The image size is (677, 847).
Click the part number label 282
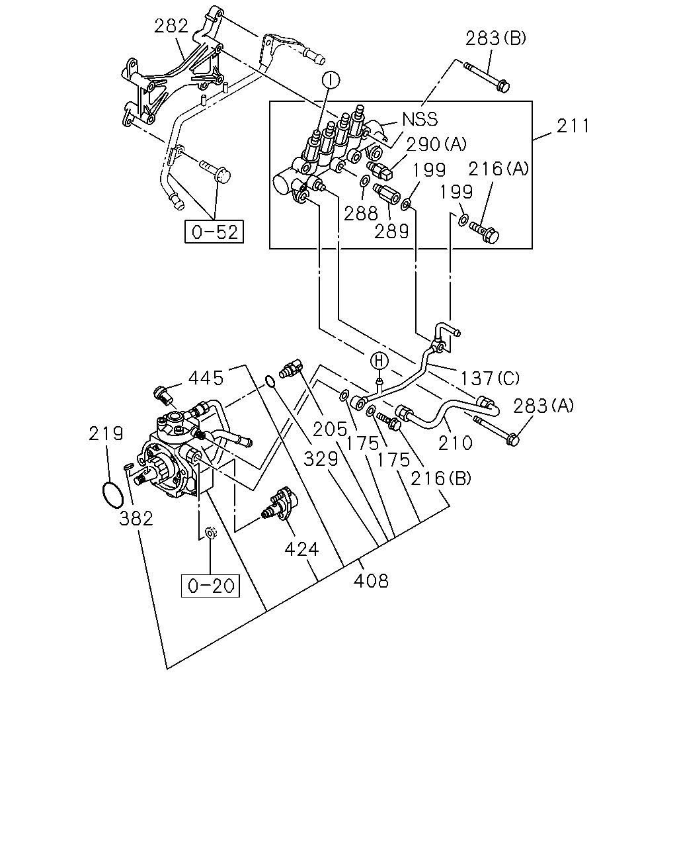(171, 26)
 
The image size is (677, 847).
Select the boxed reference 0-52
(214, 232)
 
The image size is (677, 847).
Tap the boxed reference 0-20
(210, 586)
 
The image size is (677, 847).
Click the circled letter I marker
(331, 80)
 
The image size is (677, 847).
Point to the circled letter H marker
(378, 361)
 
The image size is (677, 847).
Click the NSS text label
(420, 119)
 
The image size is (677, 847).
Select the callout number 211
(573, 126)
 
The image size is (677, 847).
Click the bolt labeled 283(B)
(487, 77)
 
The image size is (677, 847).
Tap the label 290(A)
(436, 144)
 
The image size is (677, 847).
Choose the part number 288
(361, 214)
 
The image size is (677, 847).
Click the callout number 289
(391, 232)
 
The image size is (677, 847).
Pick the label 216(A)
(498, 169)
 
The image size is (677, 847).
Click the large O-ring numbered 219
(113, 494)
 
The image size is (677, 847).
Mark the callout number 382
(136, 519)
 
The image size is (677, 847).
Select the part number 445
(206, 379)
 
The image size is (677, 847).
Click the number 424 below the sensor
(301, 549)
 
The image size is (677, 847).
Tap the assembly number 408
(371, 581)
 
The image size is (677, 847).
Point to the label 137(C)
(490, 379)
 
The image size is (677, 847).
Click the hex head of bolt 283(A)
(513, 439)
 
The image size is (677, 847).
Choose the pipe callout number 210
(455, 443)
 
